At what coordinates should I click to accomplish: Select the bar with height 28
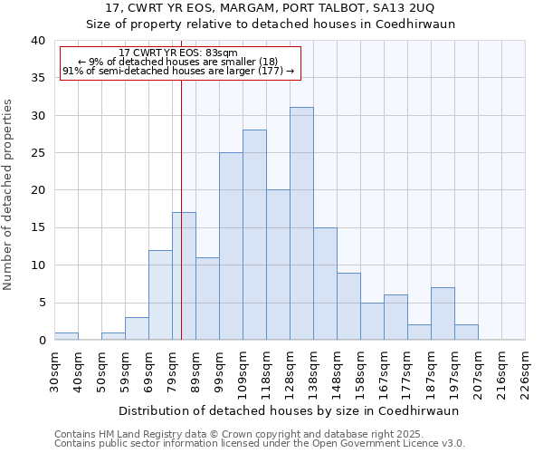(x=254, y=235)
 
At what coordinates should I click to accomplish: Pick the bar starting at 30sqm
(x=66, y=336)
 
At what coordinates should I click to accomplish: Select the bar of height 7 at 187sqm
(x=443, y=313)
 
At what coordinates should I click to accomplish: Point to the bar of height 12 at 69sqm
(x=160, y=295)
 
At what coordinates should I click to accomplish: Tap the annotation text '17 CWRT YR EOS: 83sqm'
(x=178, y=53)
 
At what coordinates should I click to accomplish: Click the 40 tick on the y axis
(x=38, y=41)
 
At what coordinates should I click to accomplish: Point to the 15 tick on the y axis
(x=38, y=228)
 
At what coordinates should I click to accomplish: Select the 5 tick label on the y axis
(x=42, y=303)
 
